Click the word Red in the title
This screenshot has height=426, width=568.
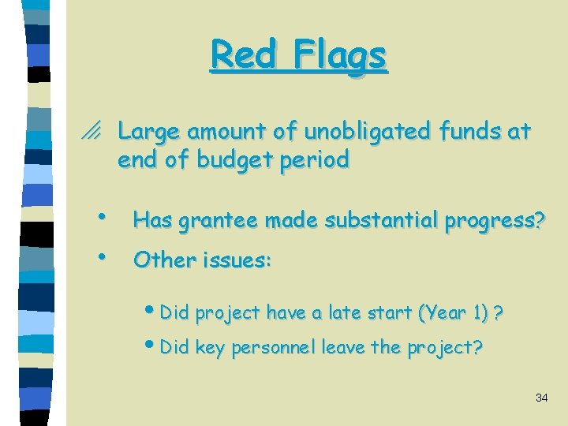[241, 55]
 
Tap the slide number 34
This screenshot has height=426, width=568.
[541, 398]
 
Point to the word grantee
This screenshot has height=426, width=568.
[218, 222]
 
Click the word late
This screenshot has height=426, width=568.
[345, 313]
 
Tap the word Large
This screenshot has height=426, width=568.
[146, 132]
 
